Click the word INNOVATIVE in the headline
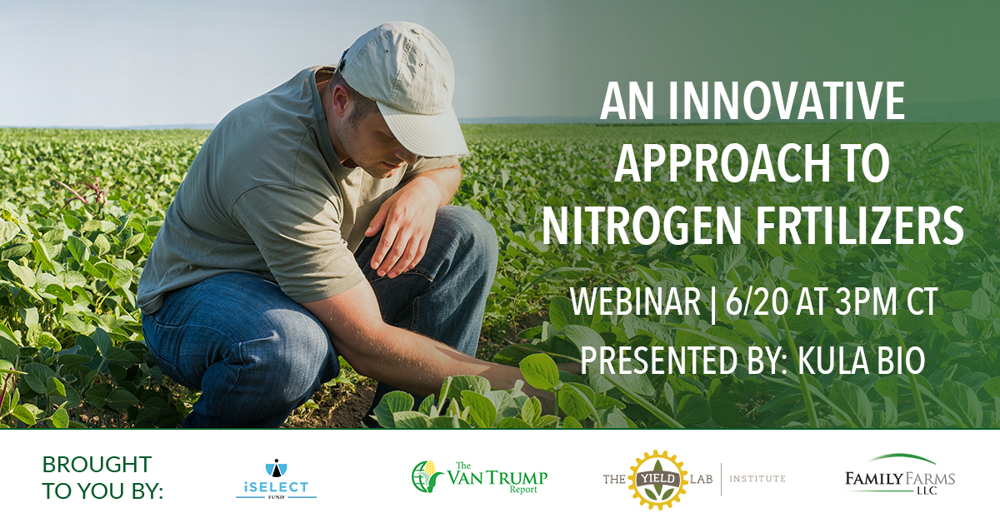(787, 101)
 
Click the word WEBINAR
(635, 302)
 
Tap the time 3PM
(866, 302)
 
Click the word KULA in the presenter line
(834, 360)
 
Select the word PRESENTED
(659, 360)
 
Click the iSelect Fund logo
(277, 479)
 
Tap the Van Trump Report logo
(479, 477)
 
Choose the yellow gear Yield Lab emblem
(658, 480)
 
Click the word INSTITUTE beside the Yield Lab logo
(757, 479)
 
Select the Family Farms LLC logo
(900, 475)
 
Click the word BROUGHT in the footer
(97, 465)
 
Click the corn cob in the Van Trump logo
(430, 469)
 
